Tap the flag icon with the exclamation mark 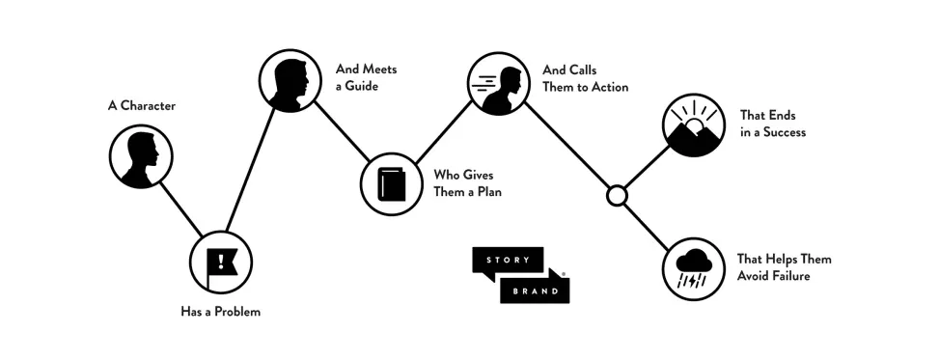221,262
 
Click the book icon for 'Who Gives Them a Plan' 391,183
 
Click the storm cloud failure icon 693,267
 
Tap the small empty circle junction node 617,197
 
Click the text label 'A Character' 141,105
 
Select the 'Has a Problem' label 221,312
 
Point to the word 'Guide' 362,86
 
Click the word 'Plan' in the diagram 484,192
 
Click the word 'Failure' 787,277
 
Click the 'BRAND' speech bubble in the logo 535,290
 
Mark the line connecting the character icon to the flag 180,208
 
